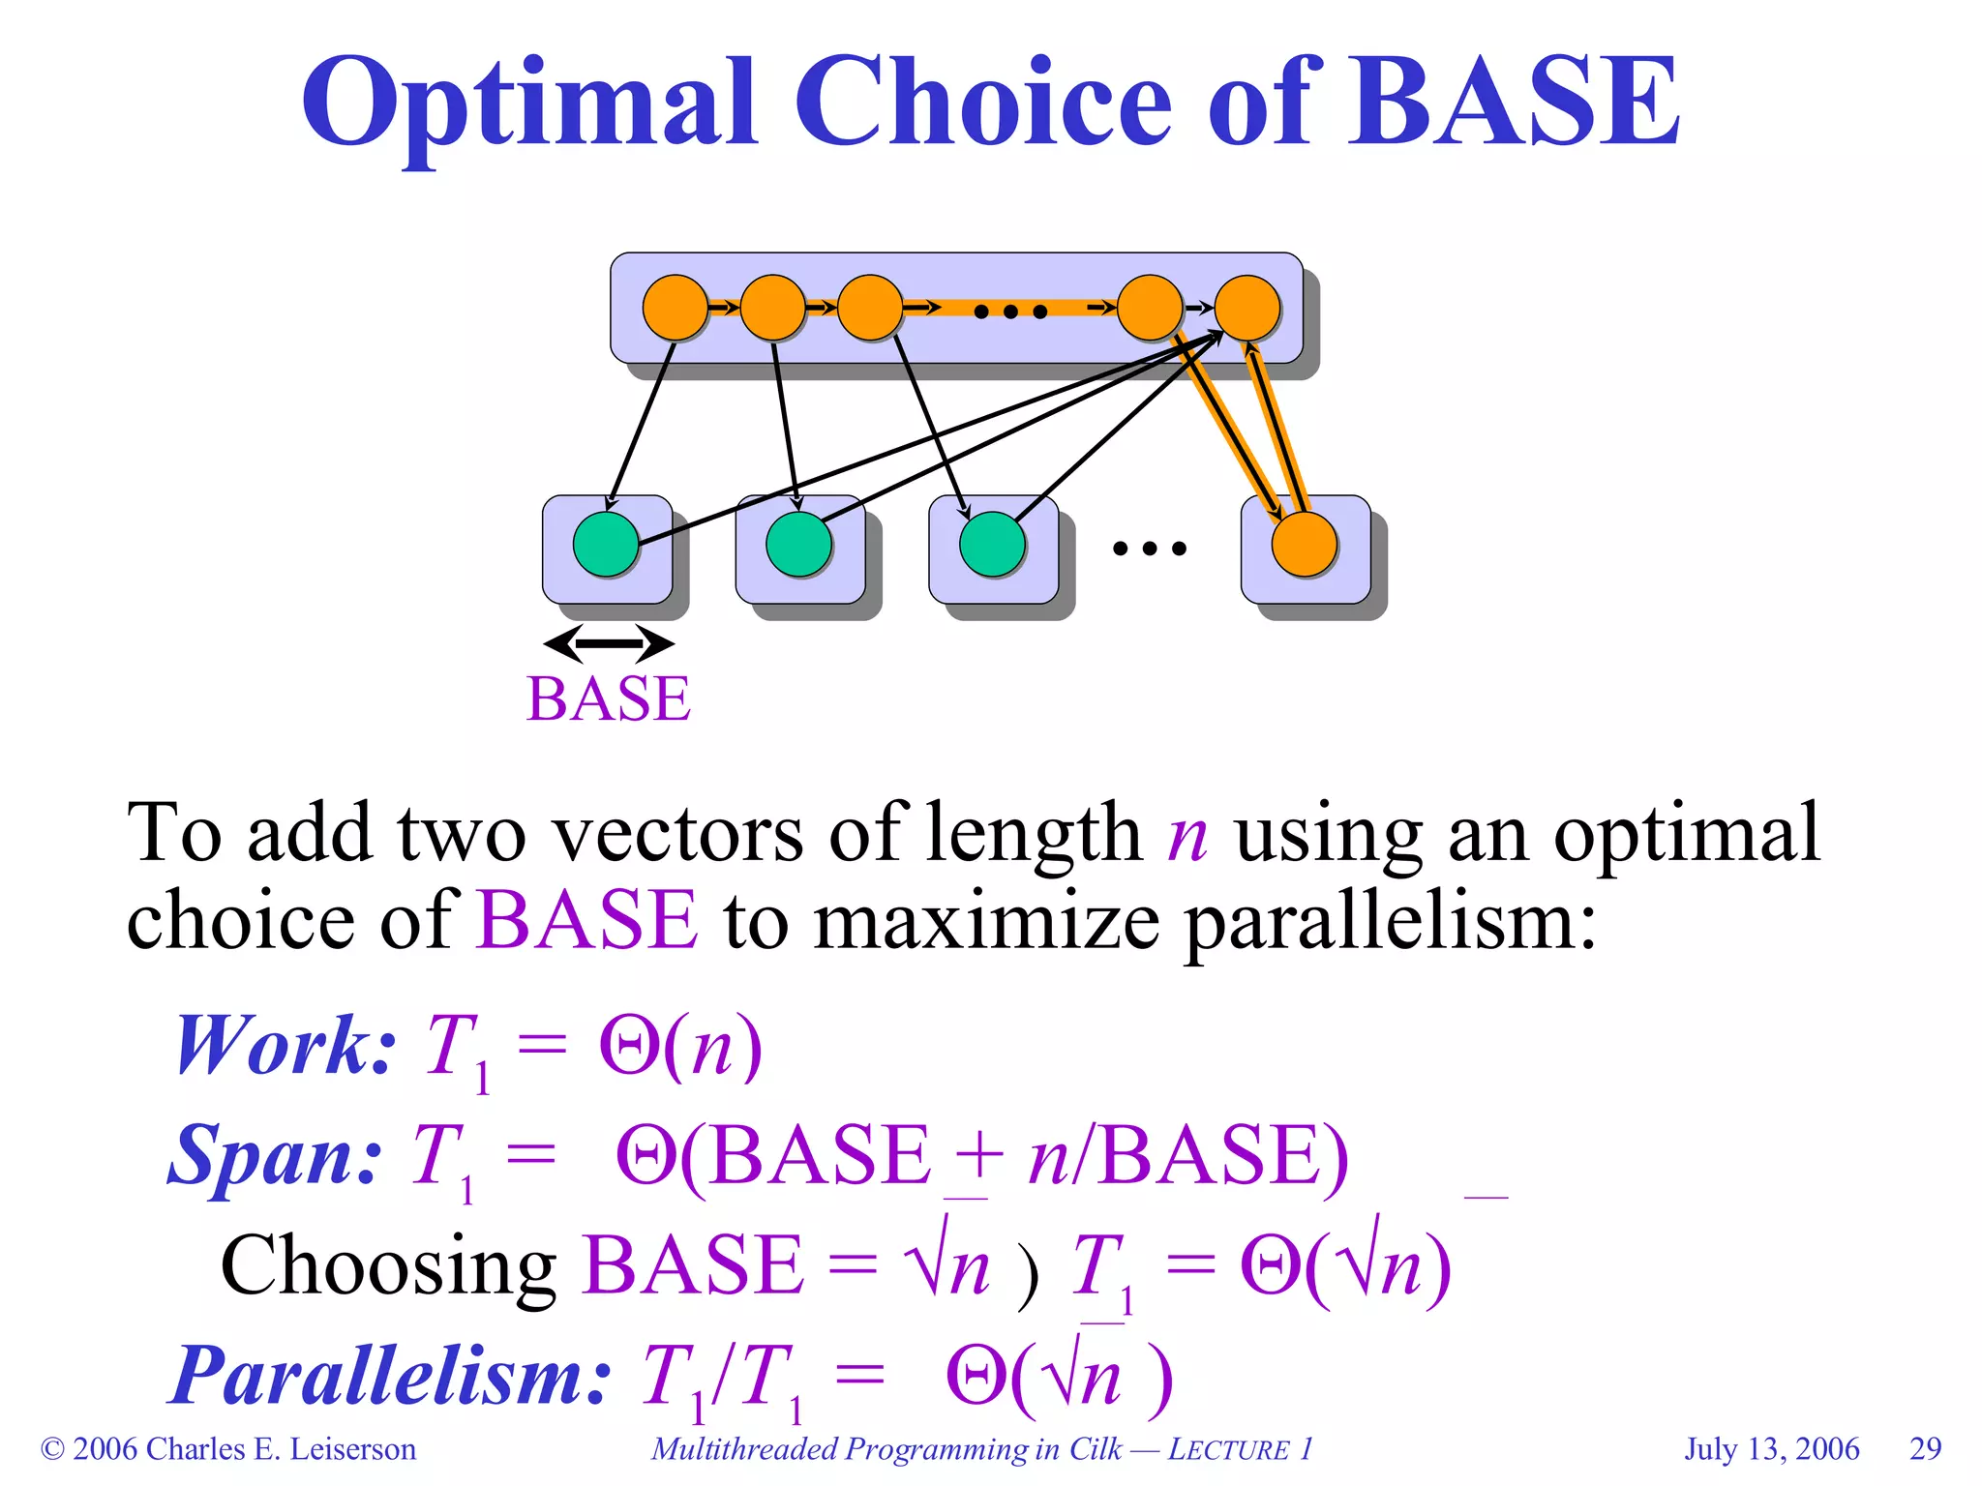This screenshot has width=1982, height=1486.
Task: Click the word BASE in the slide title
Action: click(1515, 102)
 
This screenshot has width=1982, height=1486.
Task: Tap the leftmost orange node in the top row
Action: click(676, 308)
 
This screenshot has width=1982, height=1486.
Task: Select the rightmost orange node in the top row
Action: click(1247, 308)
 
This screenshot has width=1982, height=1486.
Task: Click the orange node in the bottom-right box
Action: click(1305, 544)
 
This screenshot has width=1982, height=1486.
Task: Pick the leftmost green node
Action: click(606, 545)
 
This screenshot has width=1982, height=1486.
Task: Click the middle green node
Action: click(798, 545)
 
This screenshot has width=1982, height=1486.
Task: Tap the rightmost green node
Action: click(992, 545)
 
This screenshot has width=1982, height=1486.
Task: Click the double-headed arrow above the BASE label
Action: click(609, 643)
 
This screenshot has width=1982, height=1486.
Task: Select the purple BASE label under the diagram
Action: click(609, 698)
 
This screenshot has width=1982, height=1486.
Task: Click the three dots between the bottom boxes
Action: click(1149, 549)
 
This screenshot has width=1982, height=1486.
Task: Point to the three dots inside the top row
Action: click(1010, 312)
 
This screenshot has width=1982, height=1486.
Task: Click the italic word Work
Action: click(284, 1046)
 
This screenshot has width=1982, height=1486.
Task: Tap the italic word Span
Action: click(275, 1155)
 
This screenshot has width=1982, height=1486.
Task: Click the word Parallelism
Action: click(391, 1376)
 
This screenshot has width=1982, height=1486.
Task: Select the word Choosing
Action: click(388, 1265)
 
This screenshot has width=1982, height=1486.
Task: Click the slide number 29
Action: click(1925, 1448)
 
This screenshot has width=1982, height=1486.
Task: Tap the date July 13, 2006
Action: click(1772, 1448)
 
